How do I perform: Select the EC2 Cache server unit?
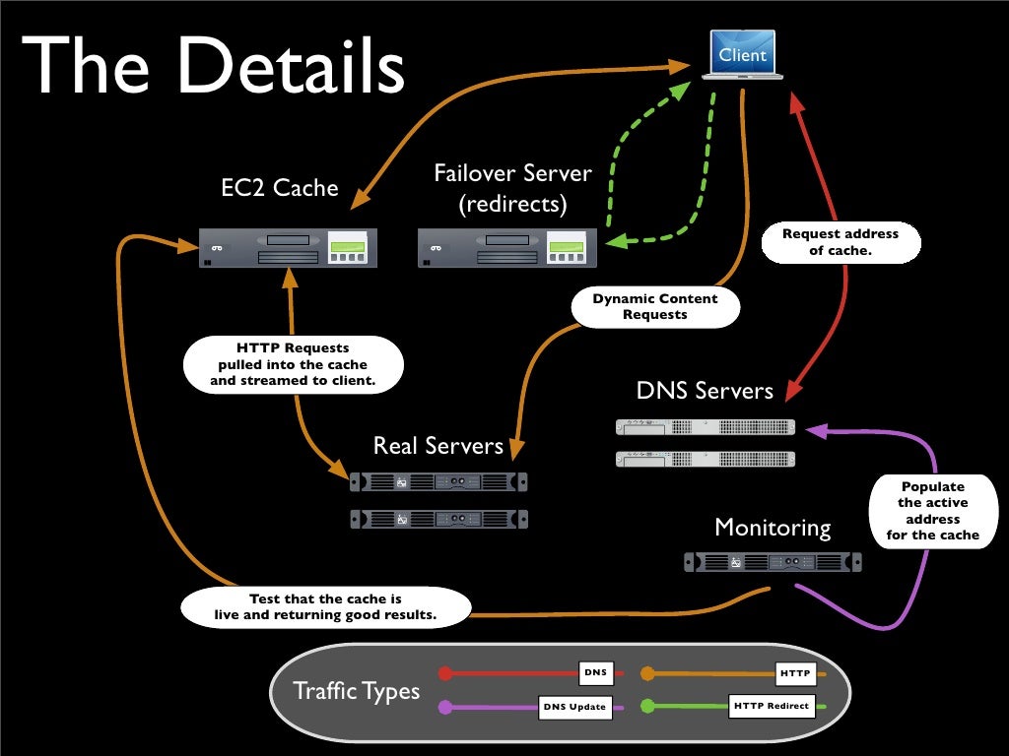289,247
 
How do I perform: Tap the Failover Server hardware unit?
506,247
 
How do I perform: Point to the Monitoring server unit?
773,562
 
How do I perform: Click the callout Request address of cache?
841,242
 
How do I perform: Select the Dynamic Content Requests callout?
655,306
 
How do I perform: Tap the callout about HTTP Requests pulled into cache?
293,363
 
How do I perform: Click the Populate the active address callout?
932,511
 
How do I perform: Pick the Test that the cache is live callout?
325,606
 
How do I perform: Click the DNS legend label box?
595,673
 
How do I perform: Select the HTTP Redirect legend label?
772,706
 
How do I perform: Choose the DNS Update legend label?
574,707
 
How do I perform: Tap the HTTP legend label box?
794,673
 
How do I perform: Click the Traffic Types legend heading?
357,691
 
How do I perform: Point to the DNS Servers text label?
705,391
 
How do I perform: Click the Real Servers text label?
437,446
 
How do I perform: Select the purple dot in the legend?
445,706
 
